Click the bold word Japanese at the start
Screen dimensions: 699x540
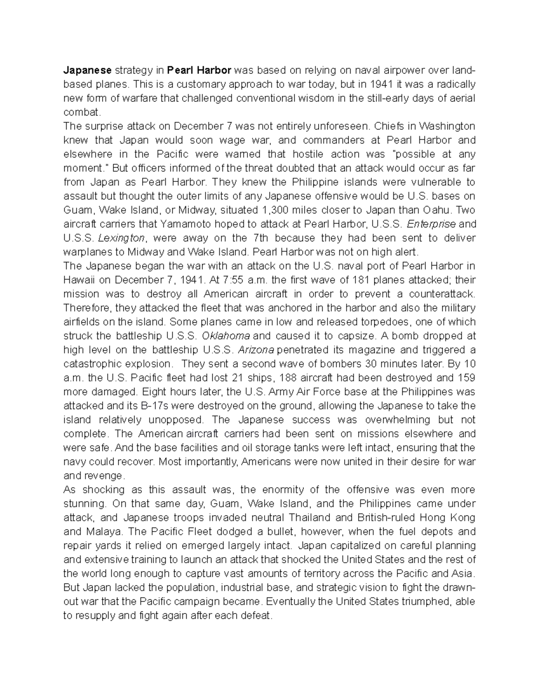click(87, 70)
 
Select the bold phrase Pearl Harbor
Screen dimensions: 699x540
click(199, 70)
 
